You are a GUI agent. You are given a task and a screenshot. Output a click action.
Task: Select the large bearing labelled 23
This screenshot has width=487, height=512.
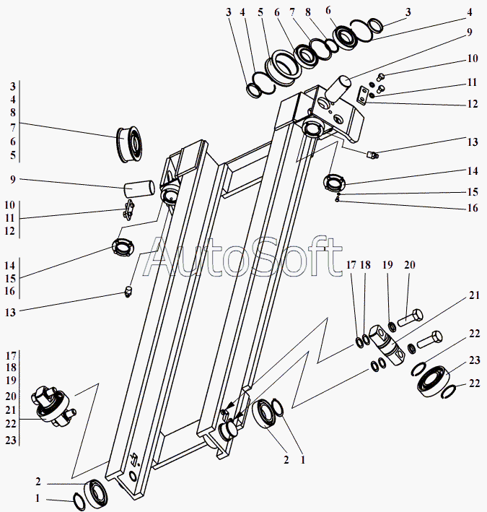coord(435,381)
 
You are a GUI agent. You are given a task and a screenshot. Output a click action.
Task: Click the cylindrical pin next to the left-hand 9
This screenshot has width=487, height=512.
coord(140,188)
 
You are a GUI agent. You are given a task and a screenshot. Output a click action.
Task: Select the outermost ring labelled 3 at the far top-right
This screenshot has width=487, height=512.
coord(373,27)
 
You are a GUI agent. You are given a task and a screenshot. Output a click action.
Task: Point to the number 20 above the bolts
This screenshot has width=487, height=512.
coord(409,266)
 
